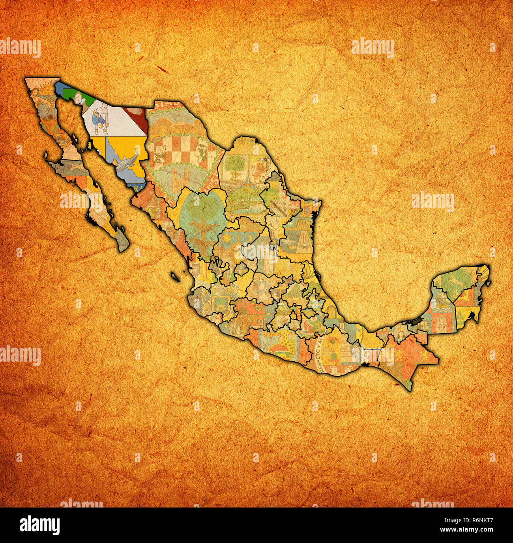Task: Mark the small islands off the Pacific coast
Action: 175,276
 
